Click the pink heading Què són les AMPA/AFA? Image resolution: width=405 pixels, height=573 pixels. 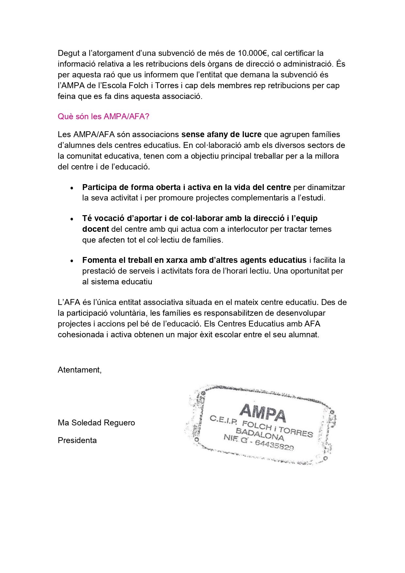103,117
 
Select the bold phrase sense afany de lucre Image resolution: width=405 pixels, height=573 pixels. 221,135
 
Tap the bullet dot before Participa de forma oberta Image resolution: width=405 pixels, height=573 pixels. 72,188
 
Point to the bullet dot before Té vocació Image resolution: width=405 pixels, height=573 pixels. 72,219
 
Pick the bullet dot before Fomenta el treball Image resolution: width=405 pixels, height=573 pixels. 72,261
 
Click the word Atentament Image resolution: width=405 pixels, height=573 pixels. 79,370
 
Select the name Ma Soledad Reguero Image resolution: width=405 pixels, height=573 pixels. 96,423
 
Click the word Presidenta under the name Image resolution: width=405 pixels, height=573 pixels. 77,440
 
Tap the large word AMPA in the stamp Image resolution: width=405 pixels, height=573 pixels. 263,412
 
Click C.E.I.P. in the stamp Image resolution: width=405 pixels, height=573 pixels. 224,420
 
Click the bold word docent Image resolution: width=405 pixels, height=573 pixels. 95,229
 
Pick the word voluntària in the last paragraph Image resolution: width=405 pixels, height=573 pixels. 128,313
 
